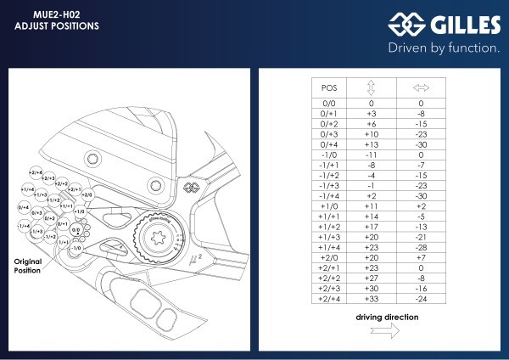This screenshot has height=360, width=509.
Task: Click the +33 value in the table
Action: (371, 298)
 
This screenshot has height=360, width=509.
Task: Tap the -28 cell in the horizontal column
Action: (421, 246)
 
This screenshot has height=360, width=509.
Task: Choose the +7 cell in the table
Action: (421, 256)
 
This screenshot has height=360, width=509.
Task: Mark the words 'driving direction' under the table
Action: (386, 317)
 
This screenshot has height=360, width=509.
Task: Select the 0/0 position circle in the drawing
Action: (75, 228)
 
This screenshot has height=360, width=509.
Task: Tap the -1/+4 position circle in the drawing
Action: (24, 225)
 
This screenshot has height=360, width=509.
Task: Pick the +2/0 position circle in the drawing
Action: (87, 195)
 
